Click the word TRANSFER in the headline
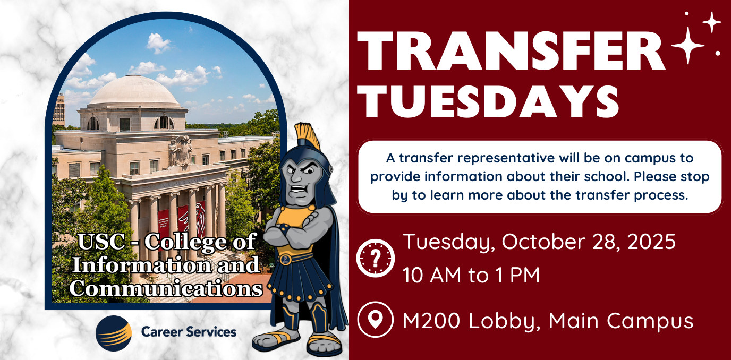[511, 51]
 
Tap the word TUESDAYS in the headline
[488, 101]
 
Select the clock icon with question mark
[375, 258]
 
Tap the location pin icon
[375, 319]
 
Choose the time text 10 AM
[431, 275]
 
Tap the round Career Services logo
[114, 333]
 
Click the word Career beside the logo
[162, 332]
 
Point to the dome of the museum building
[134, 91]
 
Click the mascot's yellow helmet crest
[307, 134]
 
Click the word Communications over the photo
[166, 289]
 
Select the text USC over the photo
[102, 242]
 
